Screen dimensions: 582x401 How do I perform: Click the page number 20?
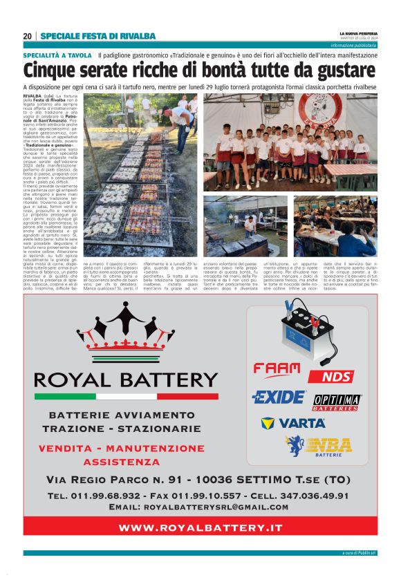pyautogui.click(x=27, y=36)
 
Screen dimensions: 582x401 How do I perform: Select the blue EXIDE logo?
pyautogui.click(x=278, y=397)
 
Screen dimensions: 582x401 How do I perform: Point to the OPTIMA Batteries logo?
pyautogui.click(x=337, y=402)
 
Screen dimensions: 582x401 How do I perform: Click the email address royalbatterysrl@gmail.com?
pyautogui.click(x=228, y=507)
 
